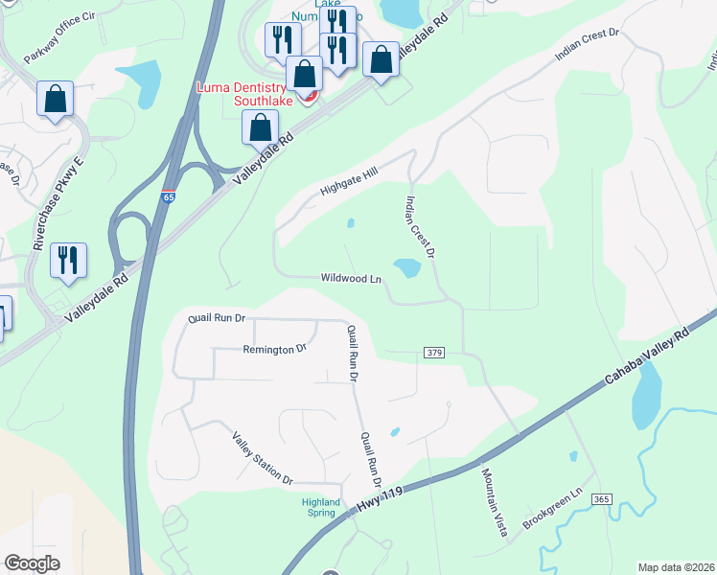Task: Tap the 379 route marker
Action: click(433, 354)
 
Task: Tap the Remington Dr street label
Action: click(273, 350)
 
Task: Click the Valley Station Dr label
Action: click(260, 457)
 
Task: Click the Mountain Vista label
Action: click(493, 502)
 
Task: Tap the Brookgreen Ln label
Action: click(553, 511)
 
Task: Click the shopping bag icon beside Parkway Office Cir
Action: click(56, 99)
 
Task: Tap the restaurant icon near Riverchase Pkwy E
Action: click(68, 261)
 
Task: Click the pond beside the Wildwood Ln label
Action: click(406, 268)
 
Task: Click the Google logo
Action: click(32, 563)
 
